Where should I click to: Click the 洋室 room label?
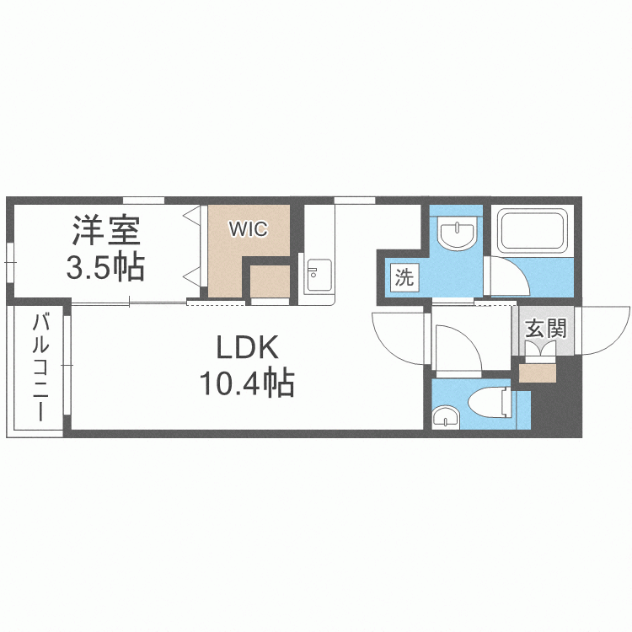(x=105, y=229)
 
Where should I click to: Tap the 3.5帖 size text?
(x=105, y=267)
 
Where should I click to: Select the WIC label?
(x=249, y=228)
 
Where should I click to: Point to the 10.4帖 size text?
(x=246, y=384)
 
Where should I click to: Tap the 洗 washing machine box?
(x=404, y=277)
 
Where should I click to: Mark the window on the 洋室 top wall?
(x=143, y=200)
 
